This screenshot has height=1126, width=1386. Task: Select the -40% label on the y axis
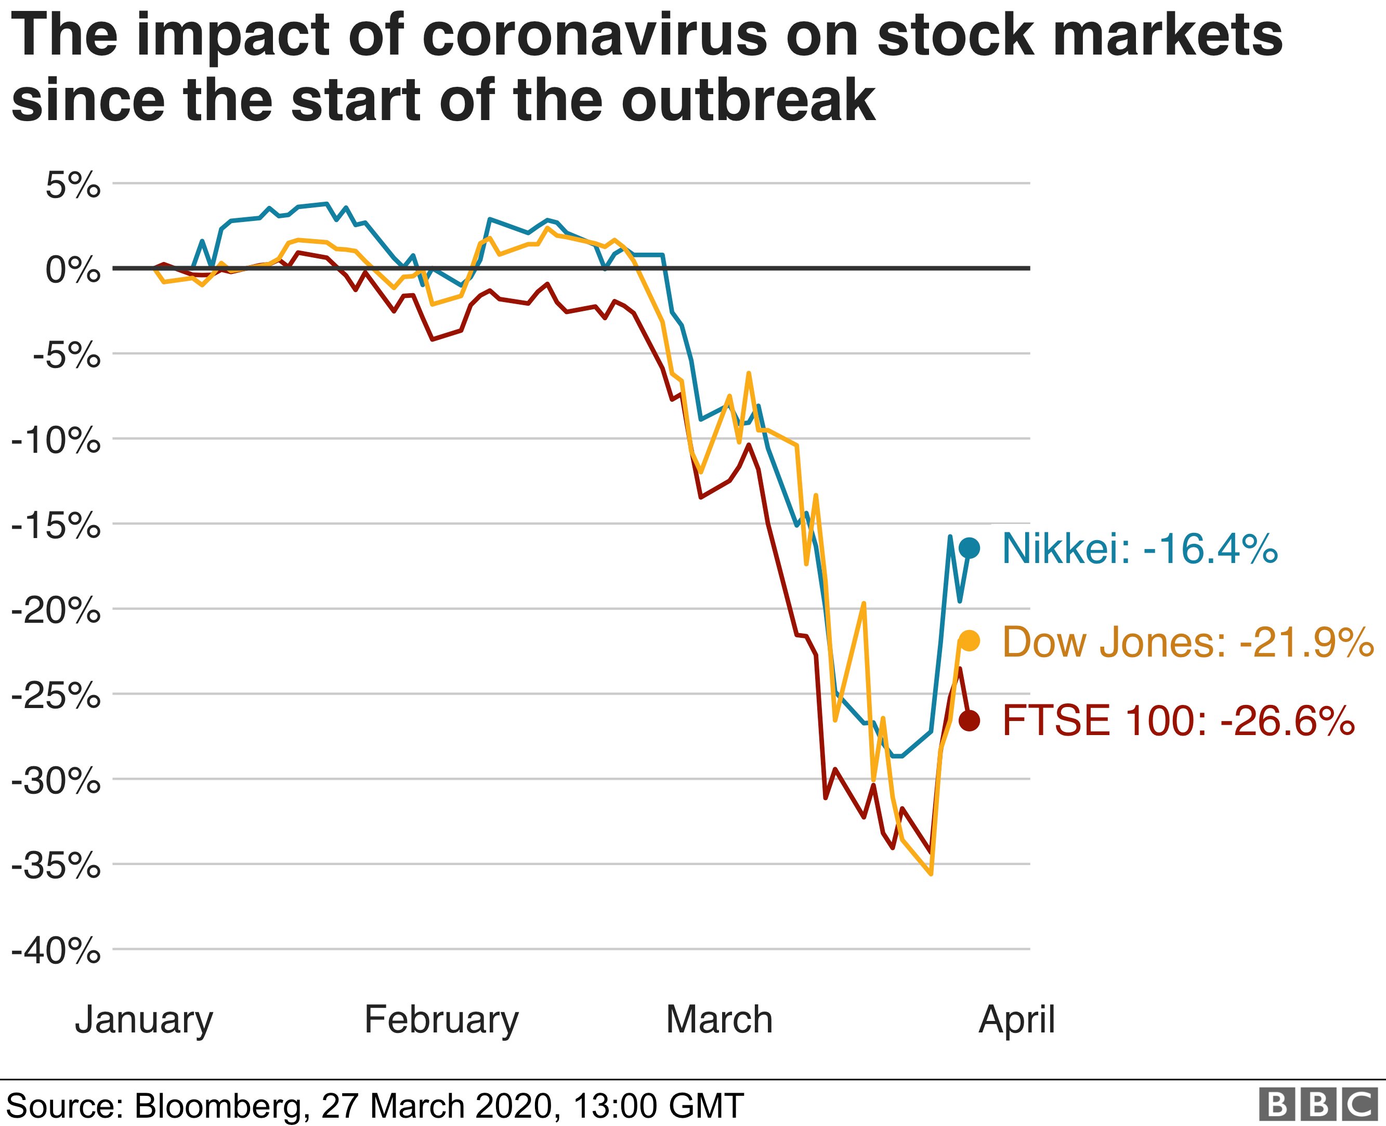tap(57, 952)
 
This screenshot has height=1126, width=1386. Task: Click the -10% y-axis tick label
tap(57, 441)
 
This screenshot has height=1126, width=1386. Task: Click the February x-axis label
tap(442, 1019)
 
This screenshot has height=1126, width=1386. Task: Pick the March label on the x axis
tap(720, 1019)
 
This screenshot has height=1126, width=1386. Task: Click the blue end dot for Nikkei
tap(970, 548)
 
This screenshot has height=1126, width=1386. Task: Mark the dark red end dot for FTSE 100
tap(970, 720)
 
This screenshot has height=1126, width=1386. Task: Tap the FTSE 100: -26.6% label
tap(1179, 721)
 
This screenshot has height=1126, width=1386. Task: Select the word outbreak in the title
tap(749, 100)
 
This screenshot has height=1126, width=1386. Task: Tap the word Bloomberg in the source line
tap(218, 1104)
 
